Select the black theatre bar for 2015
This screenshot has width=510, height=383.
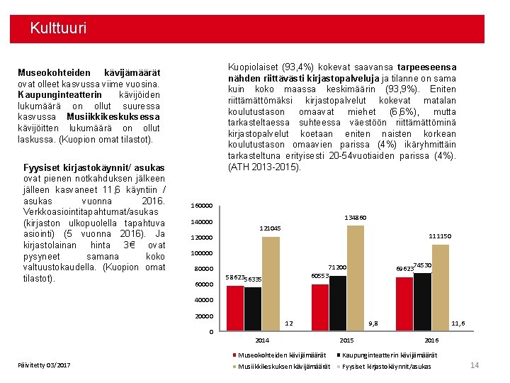(x=337, y=303)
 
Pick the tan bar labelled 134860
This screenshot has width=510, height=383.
(x=356, y=277)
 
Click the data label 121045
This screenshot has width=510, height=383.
(x=270, y=228)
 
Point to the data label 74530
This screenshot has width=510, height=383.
(x=423, y=265)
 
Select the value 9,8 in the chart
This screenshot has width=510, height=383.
(x=373, y=323)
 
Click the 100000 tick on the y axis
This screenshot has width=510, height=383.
(x=203, y=253)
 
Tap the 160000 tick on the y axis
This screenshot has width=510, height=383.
(x=203, y=206)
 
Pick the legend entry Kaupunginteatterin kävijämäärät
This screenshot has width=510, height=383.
(x=390, y=355)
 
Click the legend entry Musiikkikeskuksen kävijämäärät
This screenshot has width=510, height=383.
(x=283, y=366)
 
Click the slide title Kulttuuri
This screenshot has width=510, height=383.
(x=58, y=29)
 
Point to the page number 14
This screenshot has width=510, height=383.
(x=475, y=365)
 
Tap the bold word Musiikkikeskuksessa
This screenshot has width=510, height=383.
(x=113, y=116)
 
